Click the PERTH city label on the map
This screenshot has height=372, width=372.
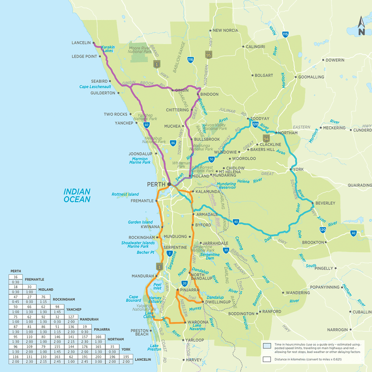click(x=156, y=184)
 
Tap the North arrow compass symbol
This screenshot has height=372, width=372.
click(x=361, y=27)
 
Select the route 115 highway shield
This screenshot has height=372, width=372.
click(x=285, y=35)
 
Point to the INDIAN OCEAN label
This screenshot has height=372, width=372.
click(x=77, y=195)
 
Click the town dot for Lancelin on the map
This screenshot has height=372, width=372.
click(x=93, y=43)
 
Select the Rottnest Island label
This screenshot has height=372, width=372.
click(x=125, y=194)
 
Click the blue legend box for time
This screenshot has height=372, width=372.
click(x=266, y=345)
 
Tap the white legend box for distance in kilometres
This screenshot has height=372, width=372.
click(x=266, y=359)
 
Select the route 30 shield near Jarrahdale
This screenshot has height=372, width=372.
click(x=226, y=251)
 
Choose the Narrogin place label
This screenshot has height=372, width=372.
click(x=337, y=330)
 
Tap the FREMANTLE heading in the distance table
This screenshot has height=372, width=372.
click(x=34, y=279)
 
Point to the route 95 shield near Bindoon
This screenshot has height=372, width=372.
click(x=208, y=55)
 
